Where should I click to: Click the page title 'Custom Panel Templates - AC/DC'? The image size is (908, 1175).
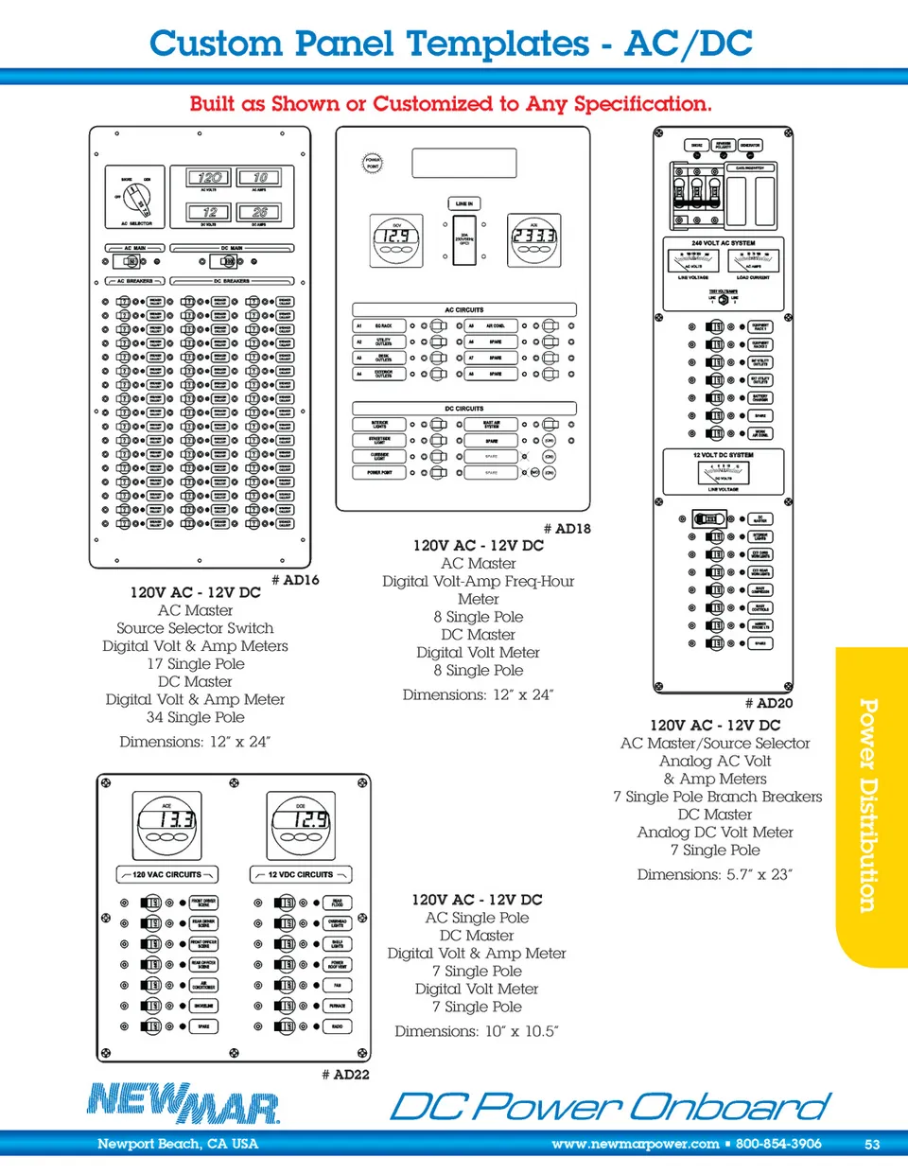[451, 44]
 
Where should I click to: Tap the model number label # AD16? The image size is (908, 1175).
[295, 580]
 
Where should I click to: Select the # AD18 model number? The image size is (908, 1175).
[567, 529]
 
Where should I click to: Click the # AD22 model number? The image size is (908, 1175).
[345, 1075]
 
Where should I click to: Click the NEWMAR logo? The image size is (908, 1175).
[183, 1103]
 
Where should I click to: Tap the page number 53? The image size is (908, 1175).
[872, 1144]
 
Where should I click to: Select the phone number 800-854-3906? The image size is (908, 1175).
[778, 1144]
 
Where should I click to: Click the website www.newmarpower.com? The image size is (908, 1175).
[635, 1144]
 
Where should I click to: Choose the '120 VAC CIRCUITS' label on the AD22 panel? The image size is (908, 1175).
[166, 875]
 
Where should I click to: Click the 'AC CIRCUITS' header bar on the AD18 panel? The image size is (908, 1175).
[463, 309]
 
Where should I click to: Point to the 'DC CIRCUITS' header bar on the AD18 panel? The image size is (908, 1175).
[463, 409]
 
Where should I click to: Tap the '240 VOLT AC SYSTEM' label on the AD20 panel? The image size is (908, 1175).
[724, 243]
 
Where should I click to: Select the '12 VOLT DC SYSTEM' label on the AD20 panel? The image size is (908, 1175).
[724, 455]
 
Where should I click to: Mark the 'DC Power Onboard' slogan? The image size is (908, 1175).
[610, 1106]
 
